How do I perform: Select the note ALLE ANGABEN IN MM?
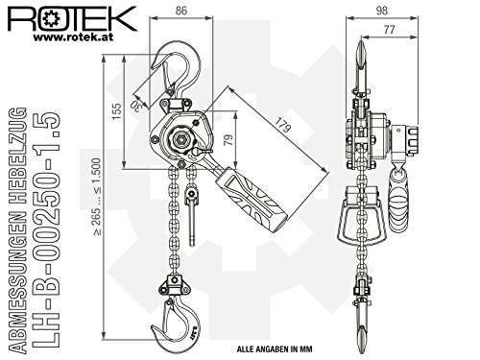click(260, 327)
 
